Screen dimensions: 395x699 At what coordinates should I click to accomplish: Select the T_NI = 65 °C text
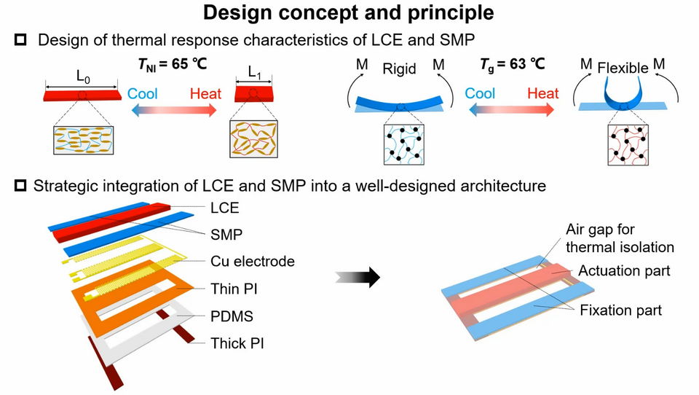pos(172,64)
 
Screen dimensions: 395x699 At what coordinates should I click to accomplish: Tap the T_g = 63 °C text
pos(512,64)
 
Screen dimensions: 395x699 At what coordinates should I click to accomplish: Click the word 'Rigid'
pos(399,69)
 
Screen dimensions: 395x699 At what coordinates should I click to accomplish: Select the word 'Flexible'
pos(622,69)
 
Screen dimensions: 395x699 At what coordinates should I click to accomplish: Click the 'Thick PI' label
pos(237,343)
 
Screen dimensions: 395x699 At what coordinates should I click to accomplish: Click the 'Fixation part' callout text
pos(620,310)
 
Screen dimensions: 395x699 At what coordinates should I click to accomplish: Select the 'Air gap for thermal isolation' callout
pos(620,238)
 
